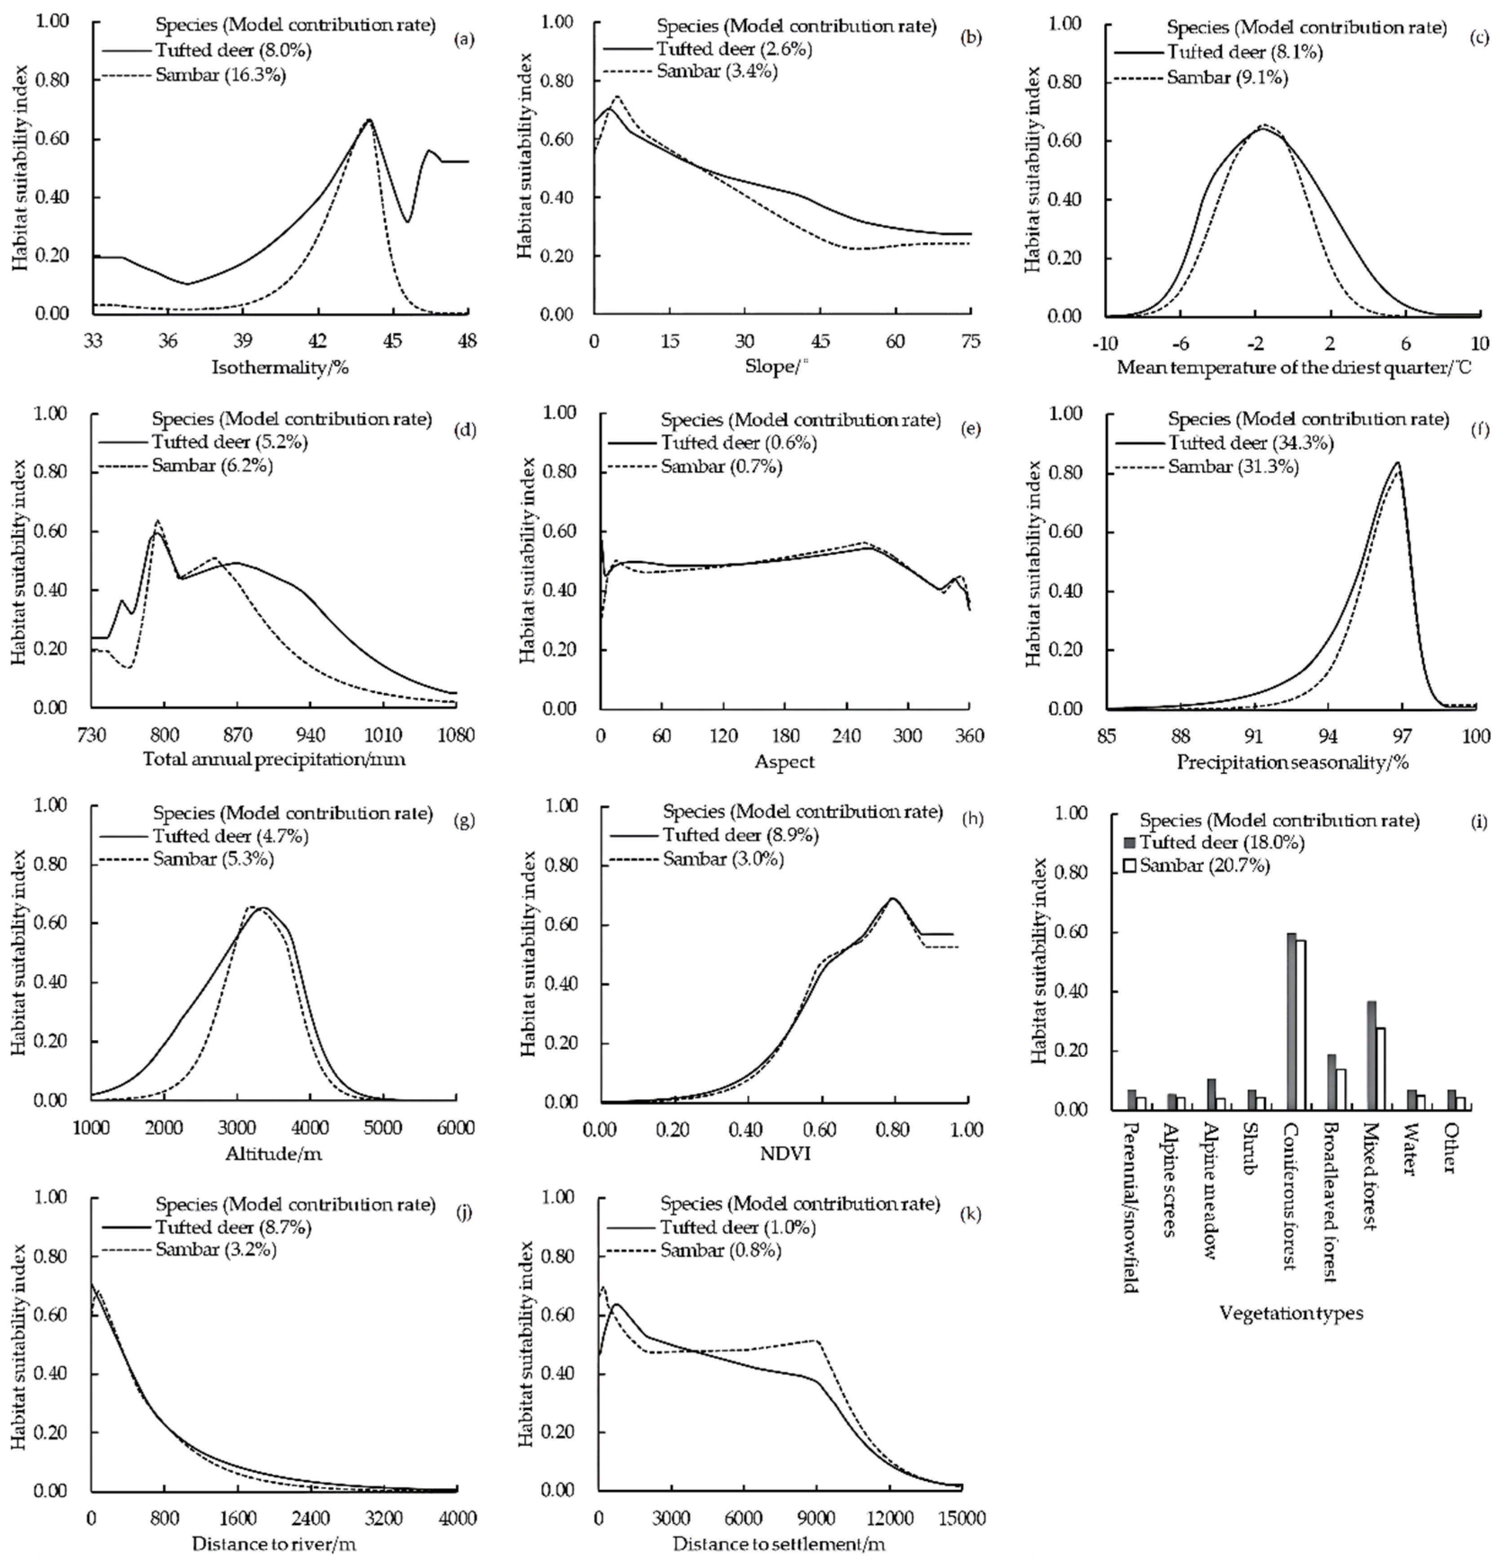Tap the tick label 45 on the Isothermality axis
[x=393, y=341]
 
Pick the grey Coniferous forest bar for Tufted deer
[x=1291, y=1021]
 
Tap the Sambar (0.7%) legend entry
[x=720, y=466]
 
